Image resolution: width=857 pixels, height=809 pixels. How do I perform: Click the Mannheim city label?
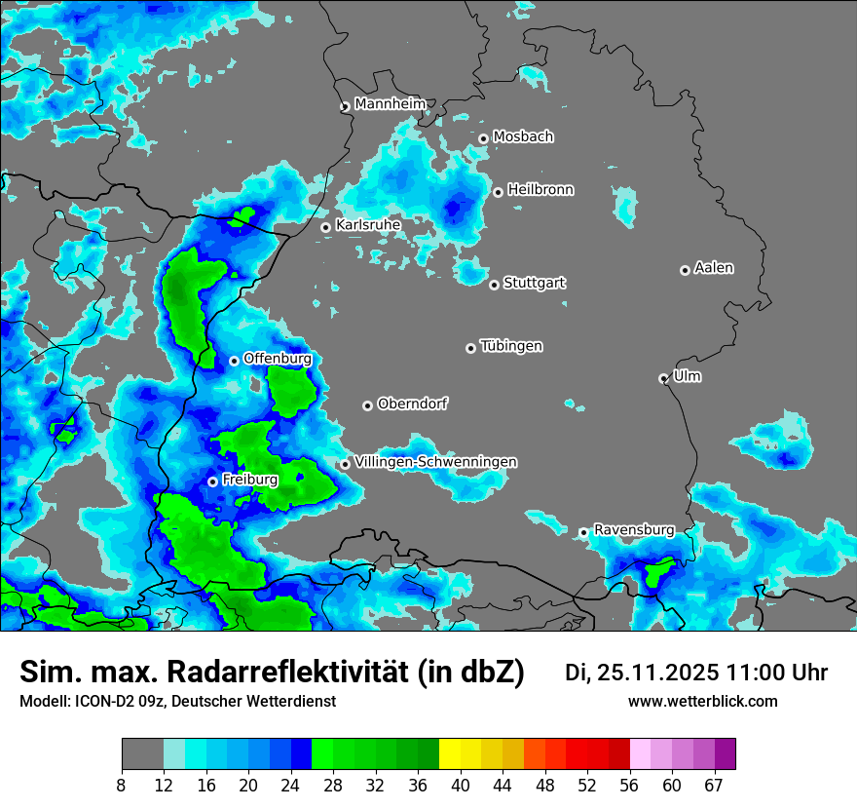pos(391,104)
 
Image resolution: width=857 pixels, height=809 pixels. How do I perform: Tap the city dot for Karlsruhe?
pos(326,227)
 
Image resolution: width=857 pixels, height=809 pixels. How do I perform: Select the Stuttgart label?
pos(535,284)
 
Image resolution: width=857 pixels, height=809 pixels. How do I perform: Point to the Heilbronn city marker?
pos(498,192)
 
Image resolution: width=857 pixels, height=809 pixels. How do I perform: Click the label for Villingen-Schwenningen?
pos(436,462)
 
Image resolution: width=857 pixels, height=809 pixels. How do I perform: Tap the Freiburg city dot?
pos(212,482)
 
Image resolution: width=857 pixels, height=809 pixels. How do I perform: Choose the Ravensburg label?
pos(634,530)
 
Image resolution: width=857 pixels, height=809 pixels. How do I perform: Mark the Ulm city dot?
pos(663,378)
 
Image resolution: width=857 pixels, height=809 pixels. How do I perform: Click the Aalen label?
pos(714,268)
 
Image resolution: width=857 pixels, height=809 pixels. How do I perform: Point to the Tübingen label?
pos(511,346)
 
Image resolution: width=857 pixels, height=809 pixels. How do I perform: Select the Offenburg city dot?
pos(234,361)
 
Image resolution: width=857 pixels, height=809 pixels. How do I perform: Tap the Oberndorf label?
pos(412,404)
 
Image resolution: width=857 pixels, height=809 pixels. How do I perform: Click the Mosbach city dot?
pos(483,138)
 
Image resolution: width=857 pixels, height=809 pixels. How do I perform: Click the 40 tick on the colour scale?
pos(461,785)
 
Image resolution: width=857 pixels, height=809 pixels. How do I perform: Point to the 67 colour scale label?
pos(714,785)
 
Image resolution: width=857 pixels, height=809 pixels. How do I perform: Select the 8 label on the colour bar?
pos(122,785)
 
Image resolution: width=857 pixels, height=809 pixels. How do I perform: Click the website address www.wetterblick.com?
pos(702,702)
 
